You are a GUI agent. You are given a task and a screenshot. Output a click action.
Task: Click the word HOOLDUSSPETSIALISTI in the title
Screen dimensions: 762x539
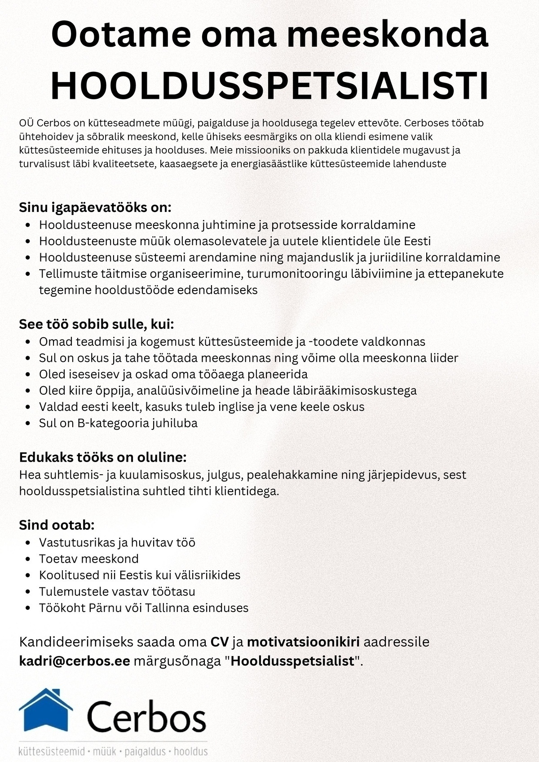coord(269,85)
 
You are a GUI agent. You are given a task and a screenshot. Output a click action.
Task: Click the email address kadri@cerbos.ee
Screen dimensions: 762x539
coord(75,661)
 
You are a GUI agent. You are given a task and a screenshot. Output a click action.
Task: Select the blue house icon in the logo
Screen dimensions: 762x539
coord(45,710)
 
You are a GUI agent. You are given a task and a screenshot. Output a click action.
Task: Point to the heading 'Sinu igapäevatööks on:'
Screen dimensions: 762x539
coord(95,207)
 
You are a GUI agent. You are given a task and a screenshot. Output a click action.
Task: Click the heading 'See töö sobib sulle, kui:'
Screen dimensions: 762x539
coord(96,324)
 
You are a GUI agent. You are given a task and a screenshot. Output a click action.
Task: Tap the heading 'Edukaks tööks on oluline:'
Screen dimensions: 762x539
coord(102,458)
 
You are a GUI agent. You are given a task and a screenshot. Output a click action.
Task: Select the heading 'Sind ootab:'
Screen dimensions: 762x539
coord(57,525)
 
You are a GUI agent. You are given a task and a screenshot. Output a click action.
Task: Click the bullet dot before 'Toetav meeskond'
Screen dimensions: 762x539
coord(28,559)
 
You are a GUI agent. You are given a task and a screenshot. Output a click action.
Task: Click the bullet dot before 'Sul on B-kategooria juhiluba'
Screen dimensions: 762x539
coord(28,423)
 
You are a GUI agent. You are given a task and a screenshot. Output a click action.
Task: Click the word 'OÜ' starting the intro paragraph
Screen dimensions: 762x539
coord(27,123)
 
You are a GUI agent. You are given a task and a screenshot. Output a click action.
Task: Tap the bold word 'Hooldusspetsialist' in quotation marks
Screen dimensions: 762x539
coord(293,661)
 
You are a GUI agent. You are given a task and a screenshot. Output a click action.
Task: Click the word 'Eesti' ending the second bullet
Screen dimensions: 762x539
coord(417,241)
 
